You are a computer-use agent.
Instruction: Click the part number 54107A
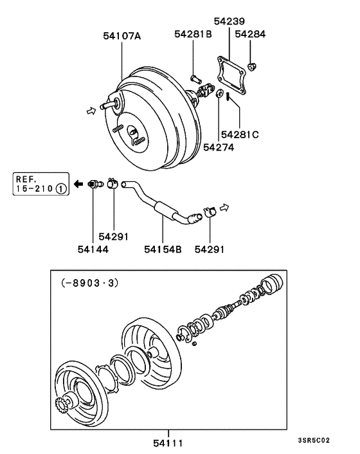[122, 37]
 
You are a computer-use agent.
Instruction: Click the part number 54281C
[240, 135]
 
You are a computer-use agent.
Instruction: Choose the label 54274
[218, 147]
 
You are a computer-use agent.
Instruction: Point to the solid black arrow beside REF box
[78, 184]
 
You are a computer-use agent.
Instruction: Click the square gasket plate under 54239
[232, 71]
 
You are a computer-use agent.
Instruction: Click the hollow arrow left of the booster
[91, 111]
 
